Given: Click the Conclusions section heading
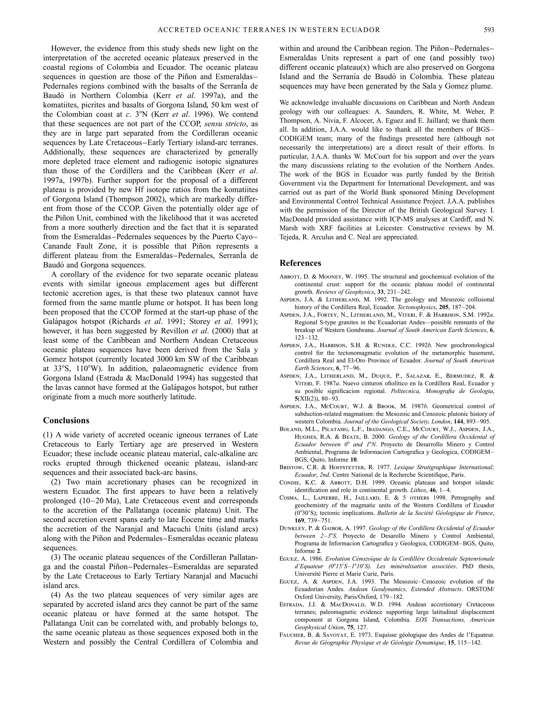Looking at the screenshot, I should [66, 421].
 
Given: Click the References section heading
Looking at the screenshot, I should [300, 263].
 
